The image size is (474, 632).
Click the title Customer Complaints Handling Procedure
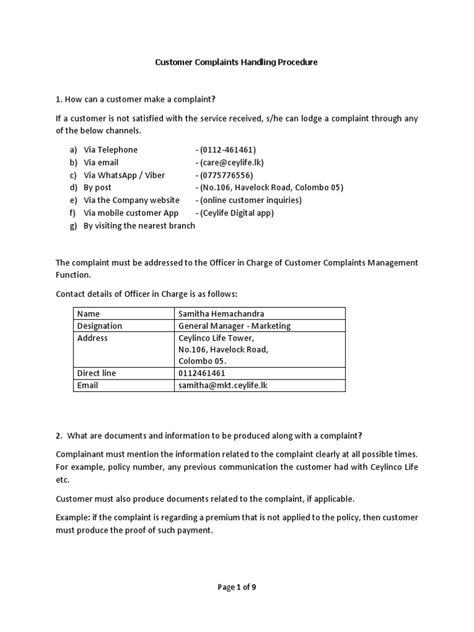pos(236,62)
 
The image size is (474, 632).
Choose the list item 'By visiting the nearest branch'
pos(139,225)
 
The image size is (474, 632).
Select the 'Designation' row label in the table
pos(99,326)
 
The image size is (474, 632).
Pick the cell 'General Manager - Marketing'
pos(235,326)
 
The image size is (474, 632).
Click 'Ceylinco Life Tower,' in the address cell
pos(216,338)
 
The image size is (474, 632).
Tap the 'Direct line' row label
pos(96,373)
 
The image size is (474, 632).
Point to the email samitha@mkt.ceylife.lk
pos(223,385)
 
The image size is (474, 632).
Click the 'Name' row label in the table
pos(88,314)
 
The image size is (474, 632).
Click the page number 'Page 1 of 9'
pos(236,588)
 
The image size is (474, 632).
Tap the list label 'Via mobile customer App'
pos(131,213)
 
